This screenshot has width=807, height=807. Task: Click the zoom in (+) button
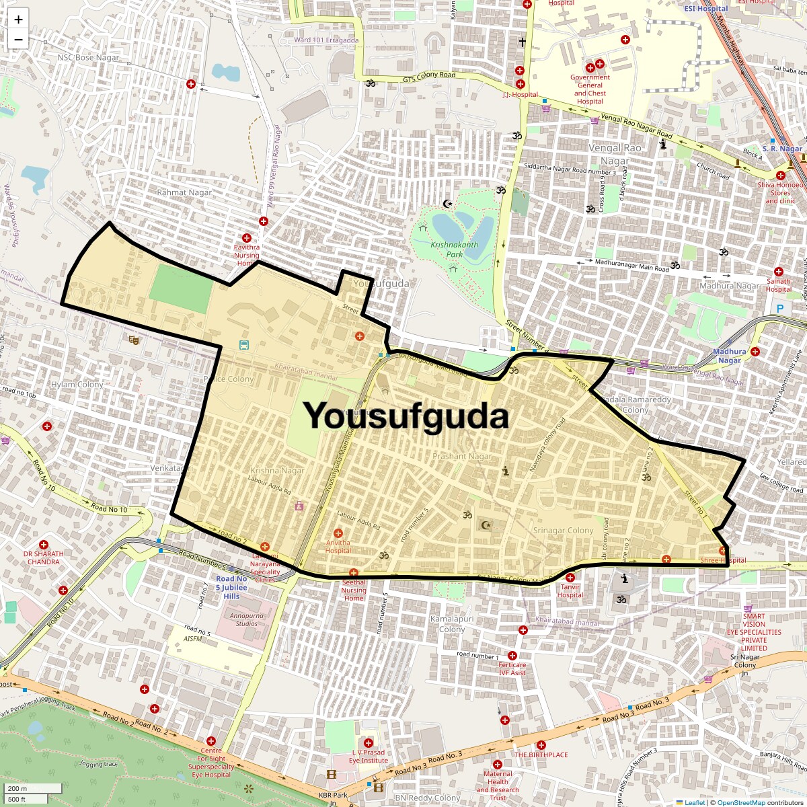pyautogui.click(x=18, y=20)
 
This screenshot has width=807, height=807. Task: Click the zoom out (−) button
pyautogui.click(x=18, y=40)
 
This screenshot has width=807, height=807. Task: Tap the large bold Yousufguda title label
pyautogui.click(x=406, y=416)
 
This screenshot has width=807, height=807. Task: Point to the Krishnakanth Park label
pyautogui.click(x=455, y=249)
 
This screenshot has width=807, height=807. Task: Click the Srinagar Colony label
pyautogui.click(x=563, y=530)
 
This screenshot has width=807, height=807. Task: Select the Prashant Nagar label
pyautogui.click(x=462, y=456)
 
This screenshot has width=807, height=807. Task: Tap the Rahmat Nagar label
pyautogui.click(x=184, y=192)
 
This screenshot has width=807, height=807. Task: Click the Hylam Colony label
pyautogui.click(x=77, y=385)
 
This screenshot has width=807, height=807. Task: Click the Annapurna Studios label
pyautogui.click(x=247, y=619)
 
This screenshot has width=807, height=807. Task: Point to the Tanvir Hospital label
pyautogui.click(x=570, y=590)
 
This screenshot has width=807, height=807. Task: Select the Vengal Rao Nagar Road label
pyautogui.click(x=636, y=126)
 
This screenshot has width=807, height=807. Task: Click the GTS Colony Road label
pyautogui.click(x=429, y=76)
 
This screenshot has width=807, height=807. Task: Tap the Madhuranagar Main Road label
pyautogui.click(x=632, y=265)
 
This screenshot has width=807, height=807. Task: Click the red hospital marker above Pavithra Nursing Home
pyautogui.click(x=247, y=238)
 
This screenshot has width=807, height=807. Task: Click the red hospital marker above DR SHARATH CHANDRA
pyautogui.click(x=44, y=545)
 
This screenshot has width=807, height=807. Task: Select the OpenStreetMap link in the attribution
pyautogui.click(x=740, y=802)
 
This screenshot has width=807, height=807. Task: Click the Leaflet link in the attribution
pyautogui.click(x=695, y=802)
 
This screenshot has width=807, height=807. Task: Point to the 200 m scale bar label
pyautogui.click(x=17, y=789)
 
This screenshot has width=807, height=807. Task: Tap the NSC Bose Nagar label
pyautogui.click(x=88, y=58)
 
